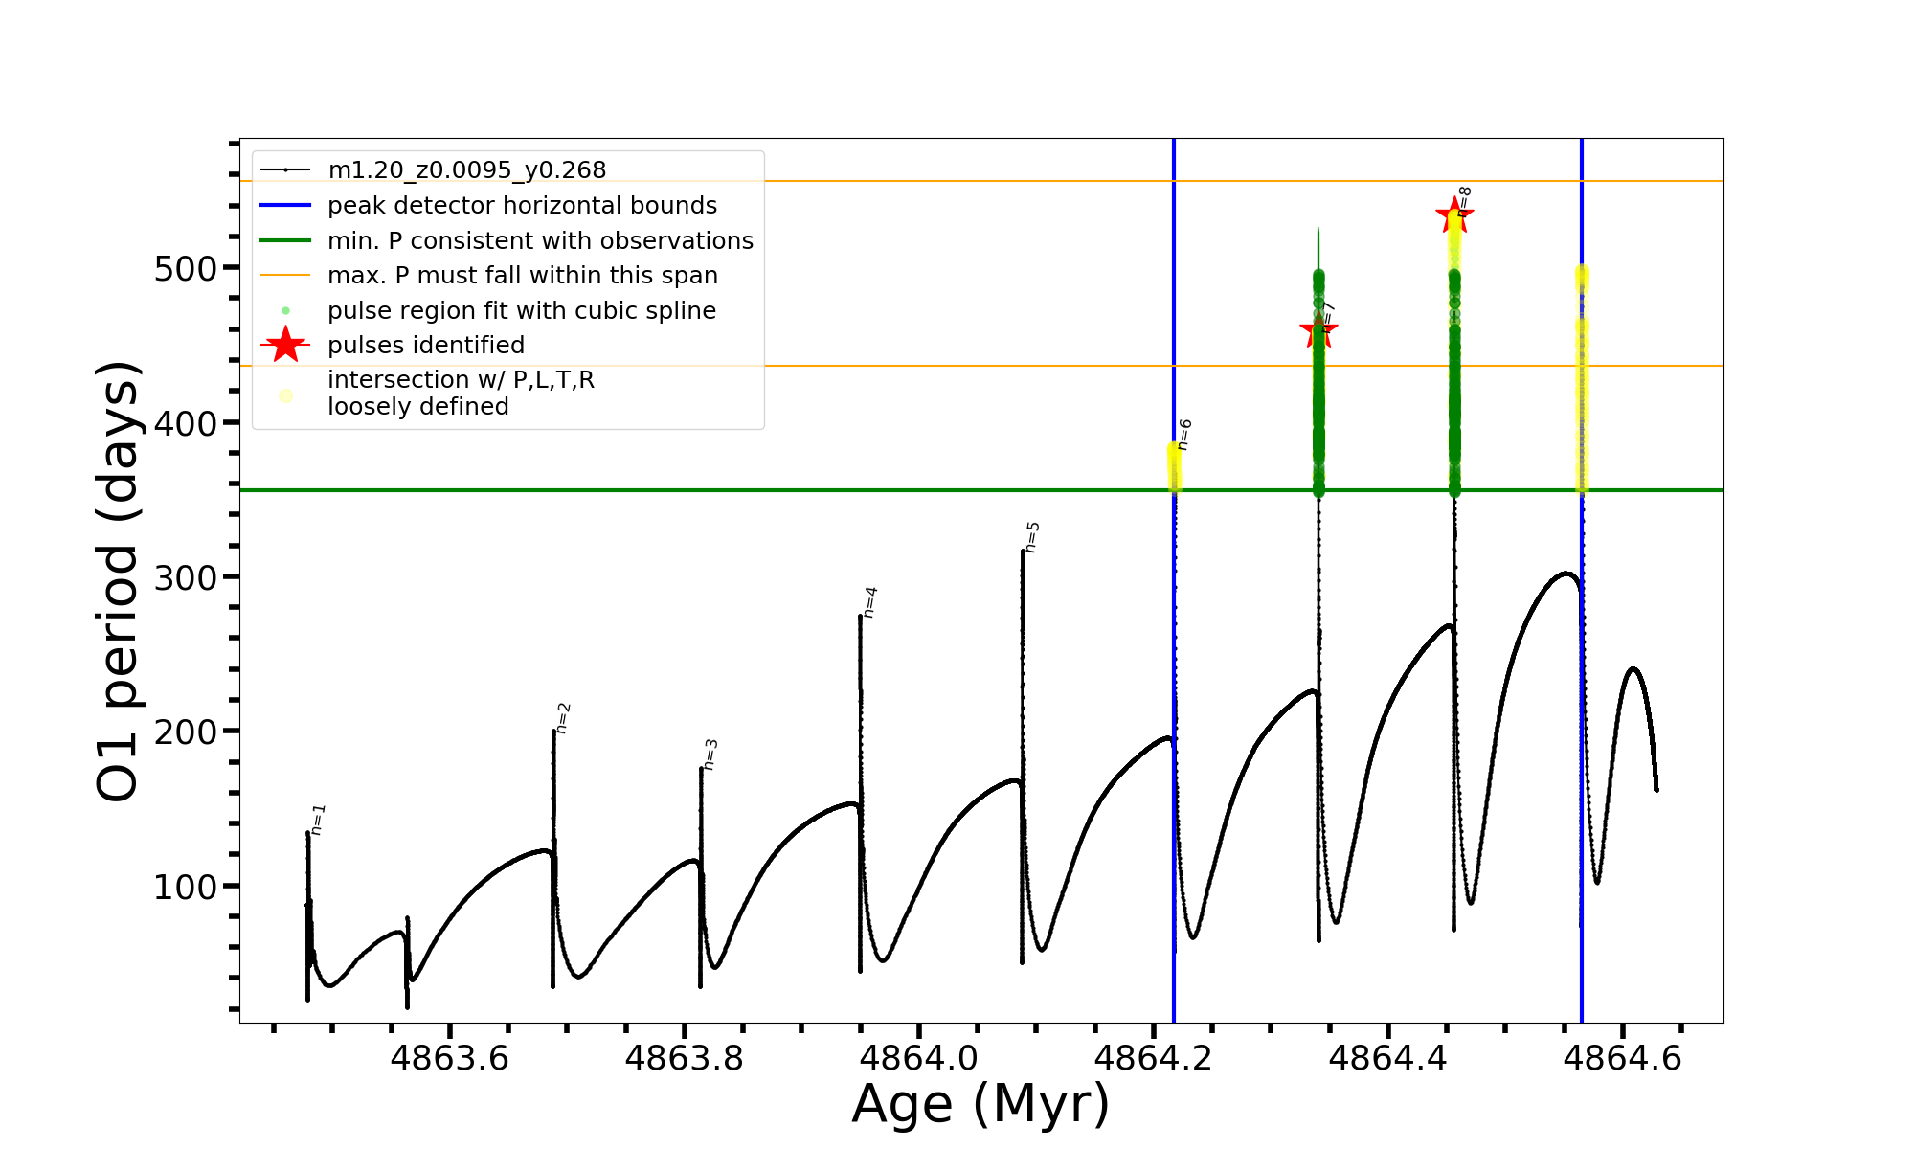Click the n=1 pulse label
(x=319, y=820)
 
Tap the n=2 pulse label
(x=564, y=718)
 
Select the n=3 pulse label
(x=710, y=755)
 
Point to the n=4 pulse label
(x=870, y=602)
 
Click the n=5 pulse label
(x=1032, y=537)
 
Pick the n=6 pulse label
(x=1184, y=435)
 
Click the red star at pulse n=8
(x=1454, y=215)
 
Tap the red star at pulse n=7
(x=1318, y=331)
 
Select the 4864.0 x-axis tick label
(x=919, y=1059)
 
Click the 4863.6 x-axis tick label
(x=450, y=1059)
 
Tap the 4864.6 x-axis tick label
(x=1623, y=1059)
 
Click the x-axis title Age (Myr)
(x=980, y=1104)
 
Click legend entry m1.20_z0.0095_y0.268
(x=466, y=170)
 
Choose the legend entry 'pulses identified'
(x=426, y=346)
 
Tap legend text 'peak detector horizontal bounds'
(x=522, y=206)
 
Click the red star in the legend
(x=285, y=345)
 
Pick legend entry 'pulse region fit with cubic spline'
(x=522, y=311)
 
